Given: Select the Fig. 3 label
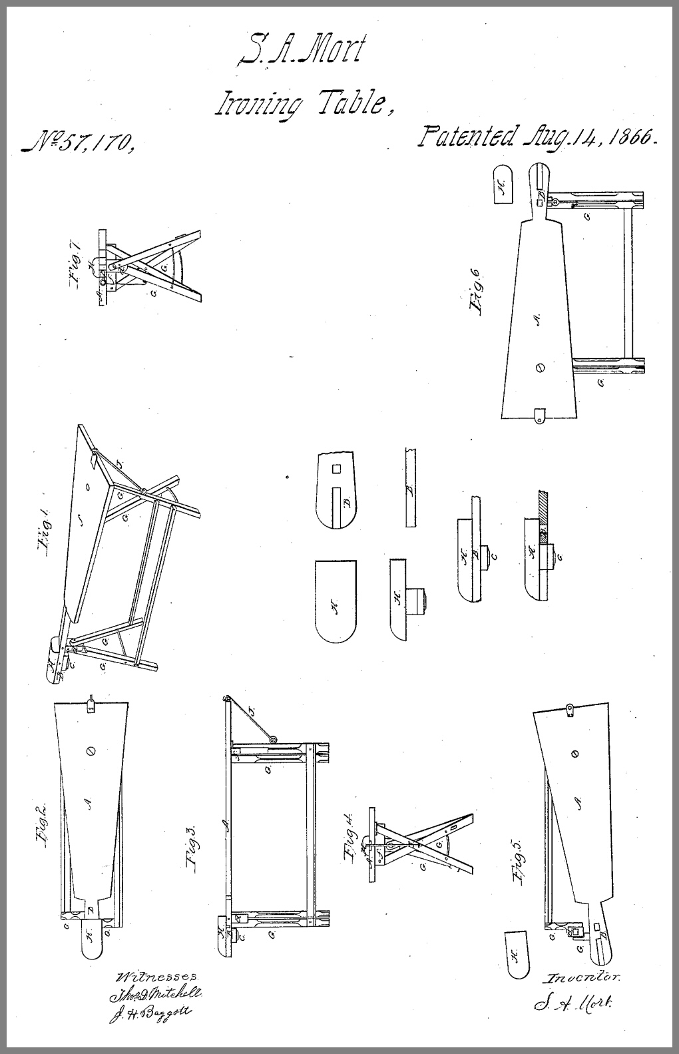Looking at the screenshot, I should (192, 846).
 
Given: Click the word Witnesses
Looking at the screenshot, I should (156, 977).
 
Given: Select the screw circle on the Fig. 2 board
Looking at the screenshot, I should (91, 750).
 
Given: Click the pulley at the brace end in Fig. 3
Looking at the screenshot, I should (272, 738).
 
